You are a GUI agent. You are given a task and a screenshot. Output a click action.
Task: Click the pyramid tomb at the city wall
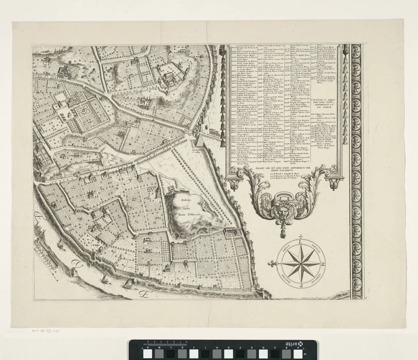(200, 141)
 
